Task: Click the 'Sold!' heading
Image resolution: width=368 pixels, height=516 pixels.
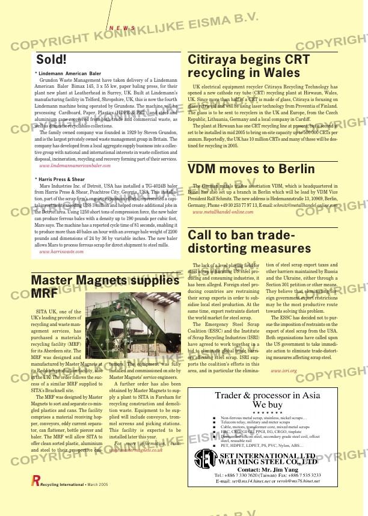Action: (x=51, y=60)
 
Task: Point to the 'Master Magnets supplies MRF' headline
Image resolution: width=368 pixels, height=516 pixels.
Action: (x=105, y=286)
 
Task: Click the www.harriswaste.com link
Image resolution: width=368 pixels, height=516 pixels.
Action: (x=61, y=252)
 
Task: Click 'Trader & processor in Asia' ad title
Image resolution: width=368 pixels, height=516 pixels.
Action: (x=268, y=396)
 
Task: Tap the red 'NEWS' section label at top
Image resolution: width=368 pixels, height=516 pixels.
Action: (x=122, y=28)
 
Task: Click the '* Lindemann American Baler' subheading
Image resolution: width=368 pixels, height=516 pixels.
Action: (x=68, y=73)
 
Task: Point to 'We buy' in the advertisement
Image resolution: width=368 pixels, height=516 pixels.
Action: (x=268, y=405)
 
